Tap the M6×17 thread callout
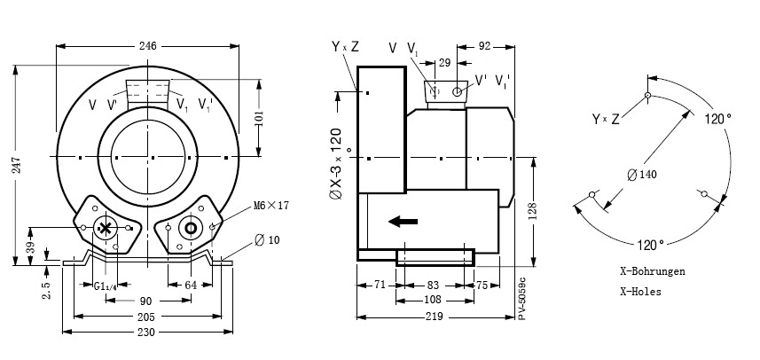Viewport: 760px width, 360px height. (271, 205)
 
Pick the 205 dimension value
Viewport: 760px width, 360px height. (147, 316)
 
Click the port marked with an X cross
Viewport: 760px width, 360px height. (106, 229)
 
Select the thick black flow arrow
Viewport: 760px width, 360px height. (404, 222)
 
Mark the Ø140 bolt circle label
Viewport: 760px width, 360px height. (642, 174)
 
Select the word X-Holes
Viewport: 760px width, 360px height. (640, 291)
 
